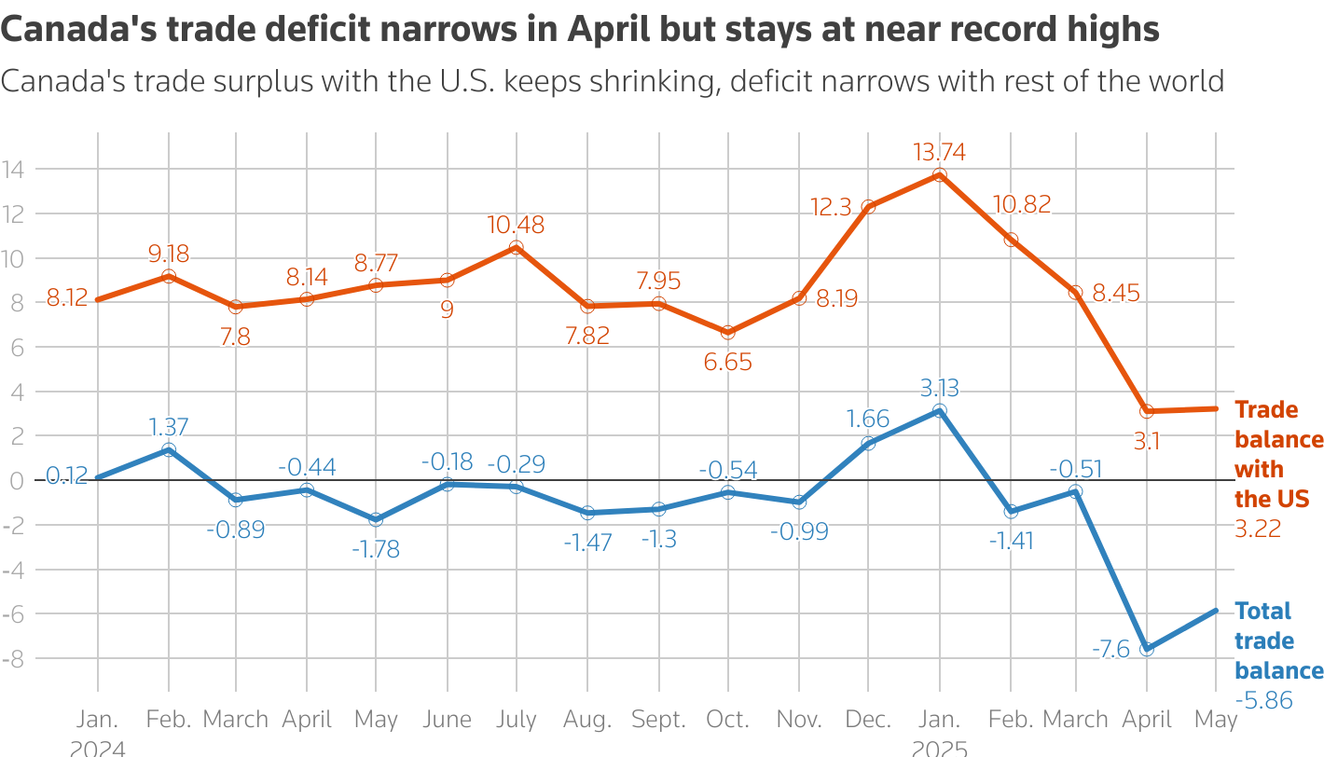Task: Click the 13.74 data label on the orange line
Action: coord(939,153)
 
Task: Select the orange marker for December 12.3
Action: coord(868,207)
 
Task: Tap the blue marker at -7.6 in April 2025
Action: coord(1147,649)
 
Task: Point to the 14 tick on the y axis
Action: coord(13,170)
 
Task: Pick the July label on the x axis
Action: coord(517,720)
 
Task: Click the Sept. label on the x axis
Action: coord(659,720)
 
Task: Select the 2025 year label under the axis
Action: coord(939,748)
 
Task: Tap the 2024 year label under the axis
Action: coord(98,748)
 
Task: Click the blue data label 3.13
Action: coord(939,388)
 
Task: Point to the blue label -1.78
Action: coord(376,549)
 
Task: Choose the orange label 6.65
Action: coord(728,363)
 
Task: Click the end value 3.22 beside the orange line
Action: coord(1259,529)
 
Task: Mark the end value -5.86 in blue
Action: coord(1264,700)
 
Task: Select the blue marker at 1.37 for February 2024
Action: coord(169,450)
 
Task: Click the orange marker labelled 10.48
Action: coord(517,248)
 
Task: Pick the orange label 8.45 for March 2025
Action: coord(1116,294)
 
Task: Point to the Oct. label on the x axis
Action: coord(728,720)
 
